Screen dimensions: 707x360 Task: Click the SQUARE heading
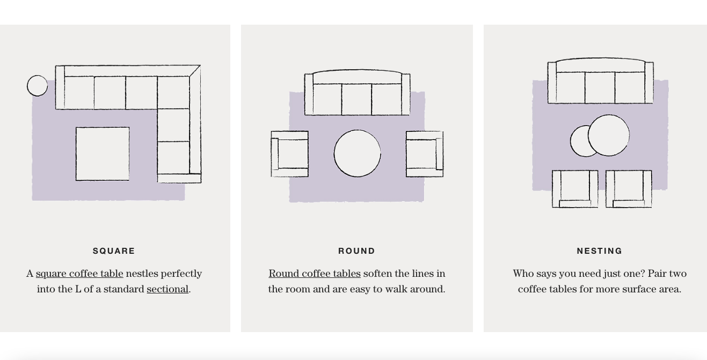pyautogui.click(x=114, y=251)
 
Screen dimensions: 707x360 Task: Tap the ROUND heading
pyautogui.click(x=356, y=251)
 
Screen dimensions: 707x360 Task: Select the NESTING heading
pyautogui.click(x=600, y=251)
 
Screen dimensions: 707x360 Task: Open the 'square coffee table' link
pyautogui.click(x=79, y=274)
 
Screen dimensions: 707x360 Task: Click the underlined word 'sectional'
pyautogui.click(x=167, y=289)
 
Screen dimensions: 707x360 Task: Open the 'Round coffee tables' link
pyautogui.click(x=315, y=274)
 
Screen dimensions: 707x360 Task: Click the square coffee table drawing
pyautogui.click(x=103, y=154)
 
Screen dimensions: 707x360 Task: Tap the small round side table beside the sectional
pyautogui.click(x=38, y=85)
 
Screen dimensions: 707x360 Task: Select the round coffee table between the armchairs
pyautogui.click(x=358, y=153)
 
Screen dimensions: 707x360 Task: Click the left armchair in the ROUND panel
pyautogui.click(x=289, y=154)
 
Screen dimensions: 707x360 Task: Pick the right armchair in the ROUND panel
pyautogui.click(x=425, y=154)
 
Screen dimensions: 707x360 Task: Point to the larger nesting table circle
pyautogui.click(x=609, y=135)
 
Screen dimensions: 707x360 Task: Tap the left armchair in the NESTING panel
pyautogui.click(x=575, y=189)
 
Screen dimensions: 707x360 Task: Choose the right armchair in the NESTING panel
pyautogui.click(x=629, y=189)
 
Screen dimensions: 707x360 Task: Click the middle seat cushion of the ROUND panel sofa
pyautogui.click(x=356, y=99)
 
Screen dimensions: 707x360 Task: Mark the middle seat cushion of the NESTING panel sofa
pyautogui.click(x=600, y=87)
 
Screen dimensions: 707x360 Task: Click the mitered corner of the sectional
pyautogui.click(x=195, y=71)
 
